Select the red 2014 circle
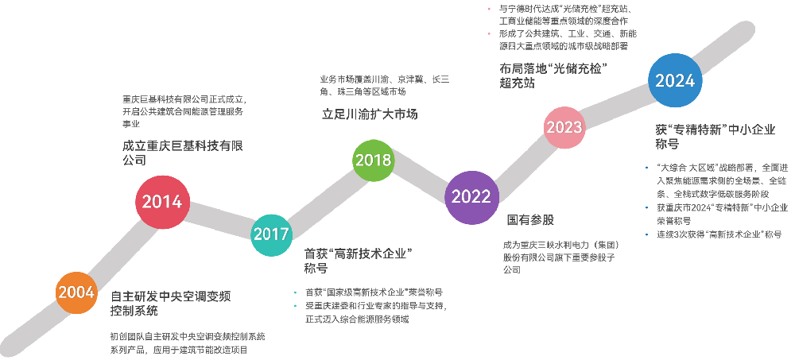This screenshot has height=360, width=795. point(161,203)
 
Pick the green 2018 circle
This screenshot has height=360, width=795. point(374,161)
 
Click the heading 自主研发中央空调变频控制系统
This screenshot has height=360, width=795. point(170,304)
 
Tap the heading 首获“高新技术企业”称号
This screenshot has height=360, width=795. point(358,261)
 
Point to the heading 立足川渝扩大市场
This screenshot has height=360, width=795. point(369,114)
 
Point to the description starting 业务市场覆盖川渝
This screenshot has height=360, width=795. point(385,85)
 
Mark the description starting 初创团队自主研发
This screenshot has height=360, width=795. point(188,343)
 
